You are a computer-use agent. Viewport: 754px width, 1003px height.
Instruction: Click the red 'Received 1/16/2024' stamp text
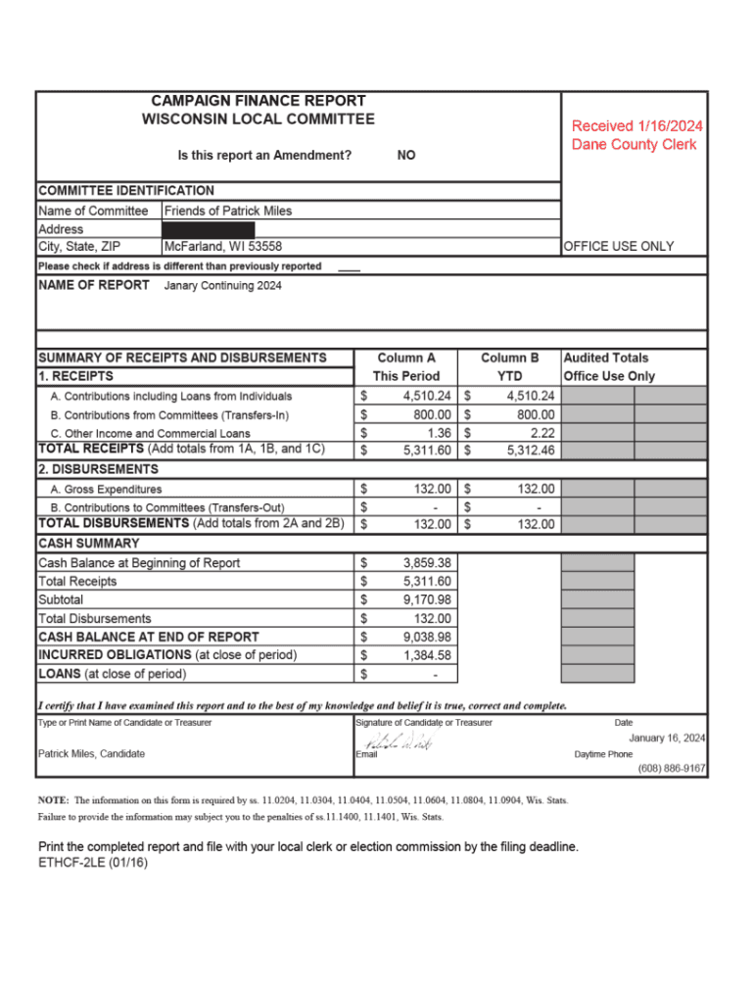pos(636,126)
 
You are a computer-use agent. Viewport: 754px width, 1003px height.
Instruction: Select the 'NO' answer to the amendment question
pos(405,155)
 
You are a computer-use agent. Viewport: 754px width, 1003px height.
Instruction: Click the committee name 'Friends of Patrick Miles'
pos(228,211)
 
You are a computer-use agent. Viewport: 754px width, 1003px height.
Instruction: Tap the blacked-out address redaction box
pos(209,229)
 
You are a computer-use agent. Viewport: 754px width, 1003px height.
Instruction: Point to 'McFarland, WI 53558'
pos(223,247)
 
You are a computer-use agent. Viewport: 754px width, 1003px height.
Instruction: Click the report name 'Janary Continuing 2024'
pos(223,285)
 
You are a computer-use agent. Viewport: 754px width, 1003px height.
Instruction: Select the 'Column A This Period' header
pos(406,367)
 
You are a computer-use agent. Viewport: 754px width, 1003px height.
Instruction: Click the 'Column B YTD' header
pos(509,367)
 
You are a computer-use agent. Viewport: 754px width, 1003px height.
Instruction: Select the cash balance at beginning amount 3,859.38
pos(427,563)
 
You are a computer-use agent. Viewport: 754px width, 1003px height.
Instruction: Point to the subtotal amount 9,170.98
pos(427,599)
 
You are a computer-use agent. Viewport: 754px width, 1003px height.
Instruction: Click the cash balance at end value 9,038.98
pos(427,637)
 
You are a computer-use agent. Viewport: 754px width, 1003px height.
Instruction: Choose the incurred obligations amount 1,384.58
pos(427,655)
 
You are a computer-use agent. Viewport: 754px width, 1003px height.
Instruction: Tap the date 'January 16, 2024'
pos(667,738)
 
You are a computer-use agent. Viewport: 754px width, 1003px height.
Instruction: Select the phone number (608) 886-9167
pos(671,769)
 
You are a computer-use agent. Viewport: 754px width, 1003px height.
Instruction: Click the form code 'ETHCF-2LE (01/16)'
pos(93,863)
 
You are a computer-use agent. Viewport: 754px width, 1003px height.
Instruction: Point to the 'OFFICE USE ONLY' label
pos(619,247)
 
